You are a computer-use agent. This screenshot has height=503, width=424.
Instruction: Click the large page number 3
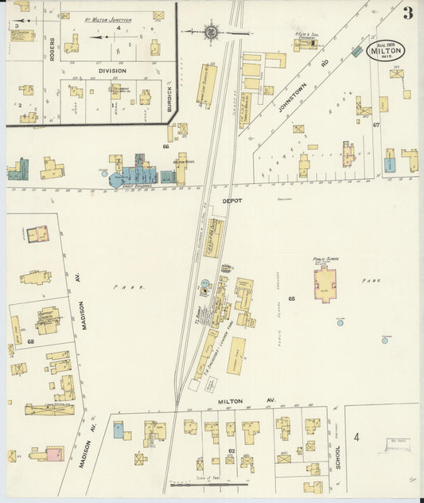(x=407, y=12)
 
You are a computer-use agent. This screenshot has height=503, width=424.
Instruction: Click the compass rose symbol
(x=212, y=33)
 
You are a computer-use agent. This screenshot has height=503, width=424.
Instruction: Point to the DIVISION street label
(x=112, y=71)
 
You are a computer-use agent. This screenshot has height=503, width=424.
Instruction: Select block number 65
(x=292, y=298)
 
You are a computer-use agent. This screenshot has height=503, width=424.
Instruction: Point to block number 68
(x=31, y=341)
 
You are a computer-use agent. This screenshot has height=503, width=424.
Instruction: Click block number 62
(x=231, y=450)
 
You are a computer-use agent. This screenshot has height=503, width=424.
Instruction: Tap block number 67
(x=376, y=125)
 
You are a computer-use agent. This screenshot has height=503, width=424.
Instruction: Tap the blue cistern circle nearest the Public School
(x=340, y=322)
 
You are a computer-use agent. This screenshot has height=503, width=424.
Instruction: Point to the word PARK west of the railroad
(x=123, y=287)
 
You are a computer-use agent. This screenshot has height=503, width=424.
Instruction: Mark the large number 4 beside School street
(x=357, y=436)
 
